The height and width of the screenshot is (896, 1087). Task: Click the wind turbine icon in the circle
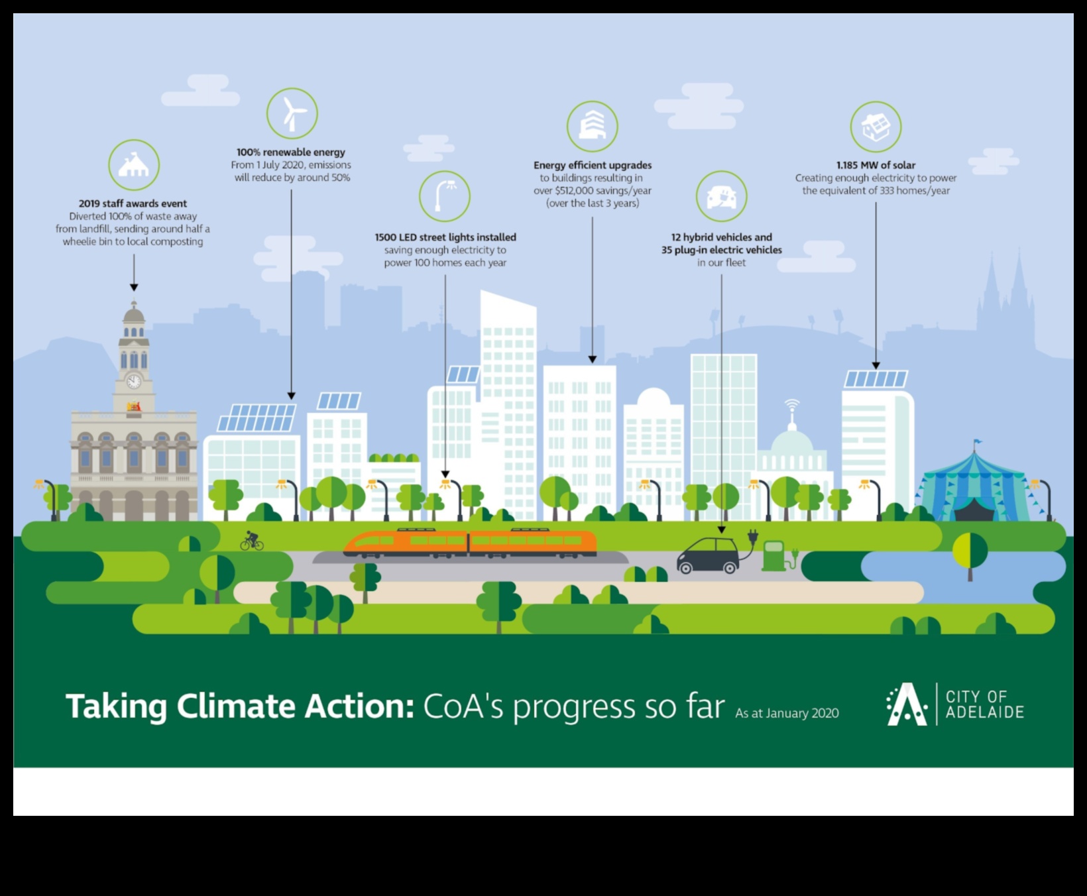[x=292, y=114]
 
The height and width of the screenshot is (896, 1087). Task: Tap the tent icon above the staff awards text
[x=134, y=165]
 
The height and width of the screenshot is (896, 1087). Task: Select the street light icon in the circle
[x=444, y=196]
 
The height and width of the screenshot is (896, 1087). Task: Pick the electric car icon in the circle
[x=721, y=197]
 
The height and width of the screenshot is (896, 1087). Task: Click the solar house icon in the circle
[x=876, y=127]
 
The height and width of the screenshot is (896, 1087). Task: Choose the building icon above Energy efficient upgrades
[x=593, y=126]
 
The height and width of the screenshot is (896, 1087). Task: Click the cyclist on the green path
[x=252, y=541]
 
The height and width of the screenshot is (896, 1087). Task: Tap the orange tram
[x=469, y=542]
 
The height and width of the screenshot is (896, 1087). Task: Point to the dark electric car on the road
[x=708, y=555]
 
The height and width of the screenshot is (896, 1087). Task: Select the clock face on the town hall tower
[x=134, y=381]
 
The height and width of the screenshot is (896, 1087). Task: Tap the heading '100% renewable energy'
[x=291, y=152]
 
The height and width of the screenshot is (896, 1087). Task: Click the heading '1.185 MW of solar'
[x=876, y=165]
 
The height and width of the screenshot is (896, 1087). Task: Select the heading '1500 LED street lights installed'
[x=445, y=237]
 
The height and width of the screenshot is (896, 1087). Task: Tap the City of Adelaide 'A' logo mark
[x=907, y=704]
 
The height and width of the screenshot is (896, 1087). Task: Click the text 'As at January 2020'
[x=787, y=713]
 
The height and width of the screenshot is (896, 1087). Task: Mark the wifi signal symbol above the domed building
[x=791, y=403]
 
